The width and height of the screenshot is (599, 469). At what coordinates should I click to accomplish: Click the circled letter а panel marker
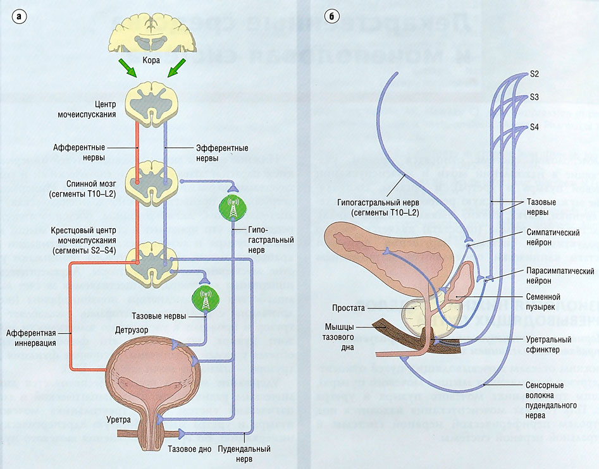21,17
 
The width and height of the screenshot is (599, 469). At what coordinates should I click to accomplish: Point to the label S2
534,74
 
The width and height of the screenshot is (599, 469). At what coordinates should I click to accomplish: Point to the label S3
534,97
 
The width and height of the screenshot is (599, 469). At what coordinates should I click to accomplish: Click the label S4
534,127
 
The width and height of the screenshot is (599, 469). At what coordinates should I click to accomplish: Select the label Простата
348,308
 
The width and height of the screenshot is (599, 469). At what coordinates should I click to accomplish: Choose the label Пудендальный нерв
244,453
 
